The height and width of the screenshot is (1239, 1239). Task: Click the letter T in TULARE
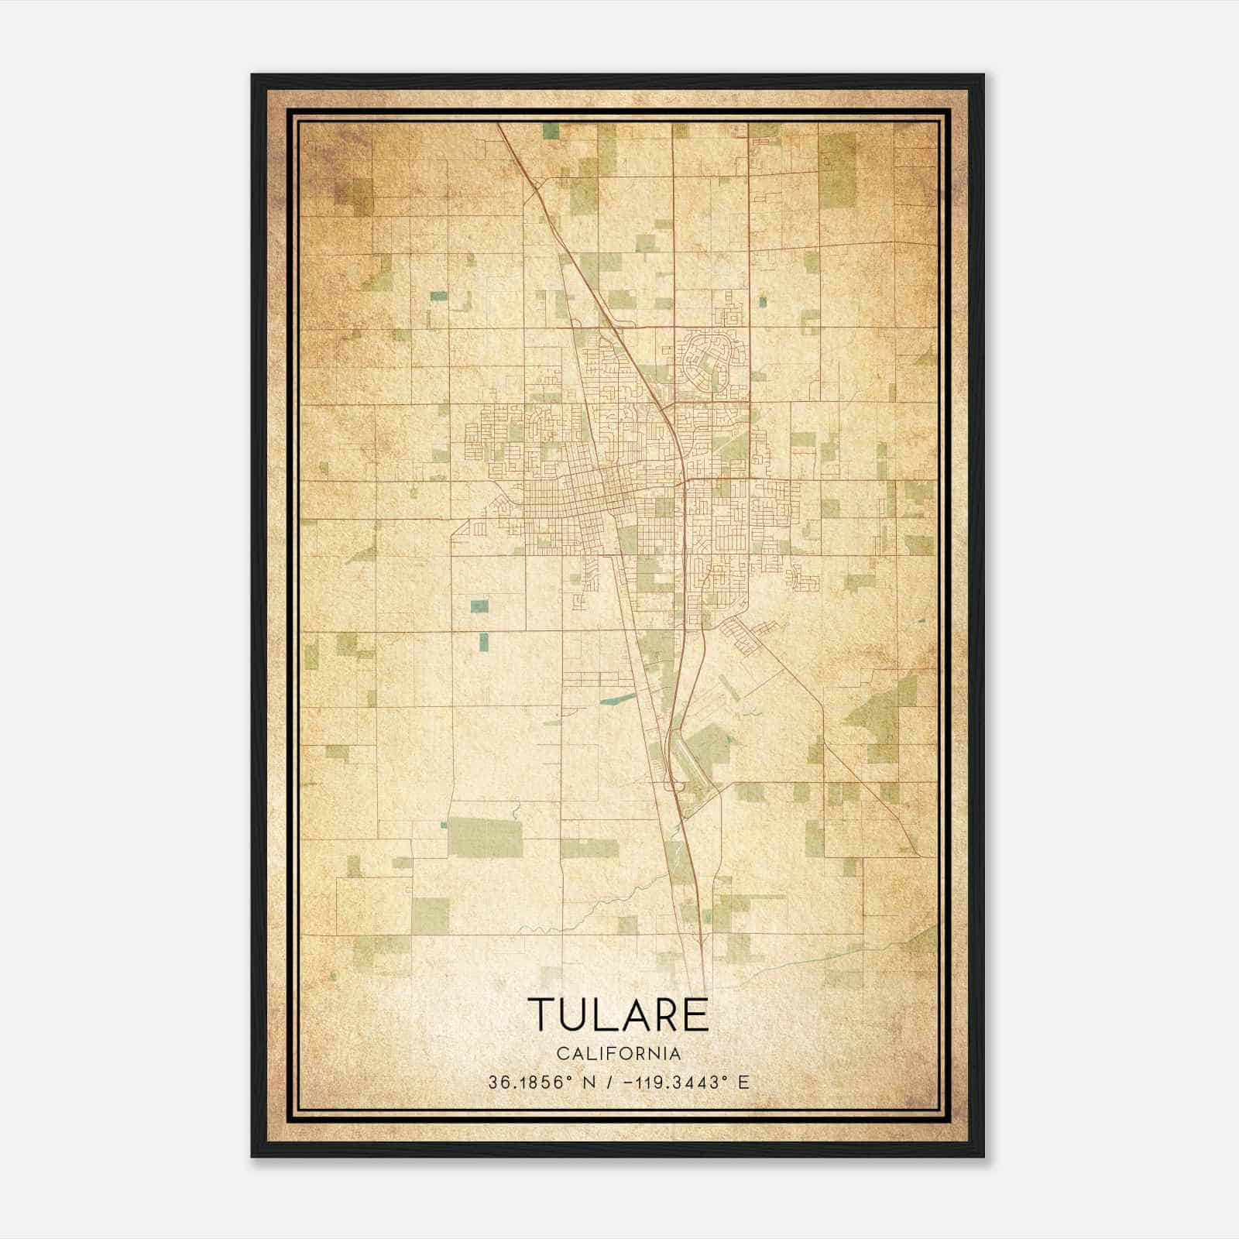(x=543, y=1015)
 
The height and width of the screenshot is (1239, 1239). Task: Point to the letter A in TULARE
(x=634, y=1015)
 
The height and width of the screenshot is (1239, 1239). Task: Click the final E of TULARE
(x=697, y=1015)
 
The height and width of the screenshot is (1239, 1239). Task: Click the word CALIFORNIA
(x=619, y=1053)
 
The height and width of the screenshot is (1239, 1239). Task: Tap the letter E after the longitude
(x=743, y=1083)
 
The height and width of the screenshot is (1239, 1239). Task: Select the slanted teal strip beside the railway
(x=615, y=699)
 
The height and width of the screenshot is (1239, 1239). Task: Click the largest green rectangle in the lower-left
(x=486, y=837)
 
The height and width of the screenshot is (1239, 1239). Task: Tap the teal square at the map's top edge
(x=551, y=131)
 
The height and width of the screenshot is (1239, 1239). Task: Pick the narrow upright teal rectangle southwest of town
(x=484, y=640)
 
